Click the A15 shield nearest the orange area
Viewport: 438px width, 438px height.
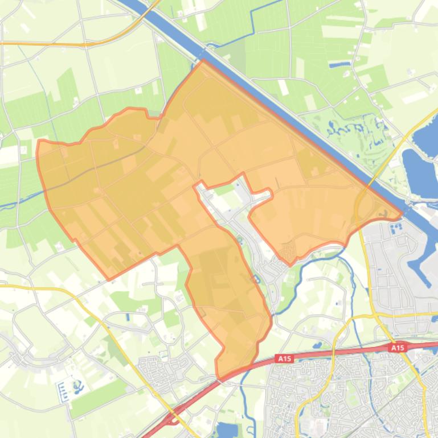[284, 358]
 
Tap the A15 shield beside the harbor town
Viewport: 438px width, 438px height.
[398, 347]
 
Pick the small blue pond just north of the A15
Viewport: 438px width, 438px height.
[317, 345]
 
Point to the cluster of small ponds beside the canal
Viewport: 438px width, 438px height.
[347, 128]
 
